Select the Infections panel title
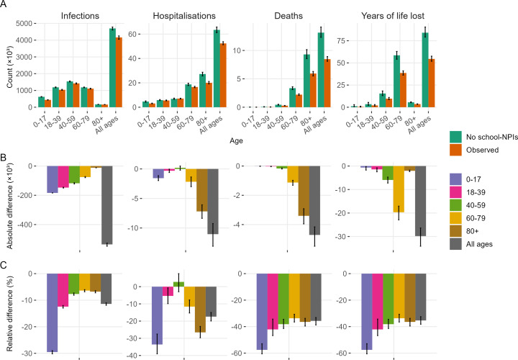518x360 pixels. coord(80,15)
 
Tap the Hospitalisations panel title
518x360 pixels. coord(184,15)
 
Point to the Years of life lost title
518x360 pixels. coord(393,15)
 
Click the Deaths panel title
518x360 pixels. coord(288,15)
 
